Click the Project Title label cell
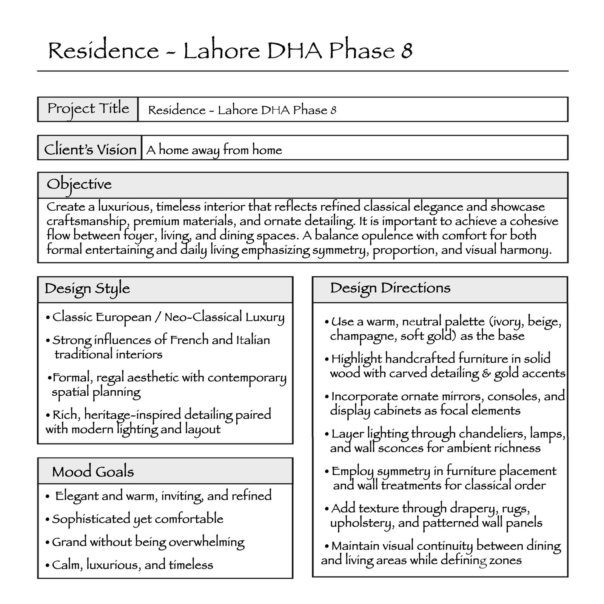click(x=88, y=109)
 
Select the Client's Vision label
click(x=90, y=149)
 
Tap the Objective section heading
click(x=79, y=185)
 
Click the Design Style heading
click(x=87, y=289)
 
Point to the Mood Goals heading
click(x=93, y=471)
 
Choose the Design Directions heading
click(x=390, y=288)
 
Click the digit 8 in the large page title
click(x=406, y=51)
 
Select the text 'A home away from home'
click(x=214, y=150)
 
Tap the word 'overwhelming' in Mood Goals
click(x=206, y=542)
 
